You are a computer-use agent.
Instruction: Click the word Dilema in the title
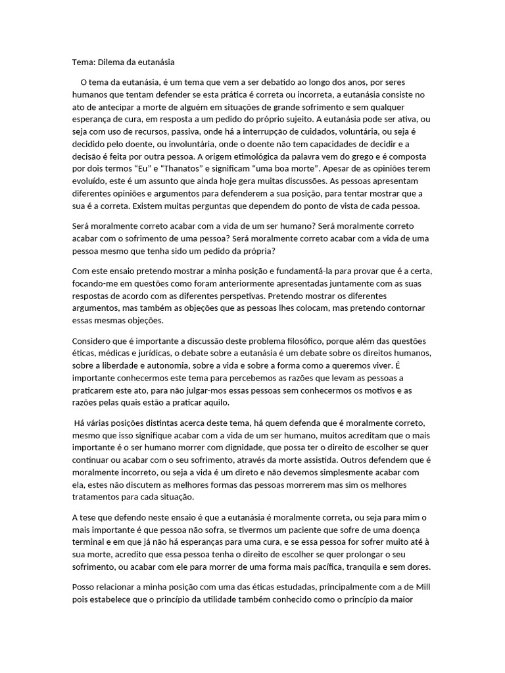(112, 62)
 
